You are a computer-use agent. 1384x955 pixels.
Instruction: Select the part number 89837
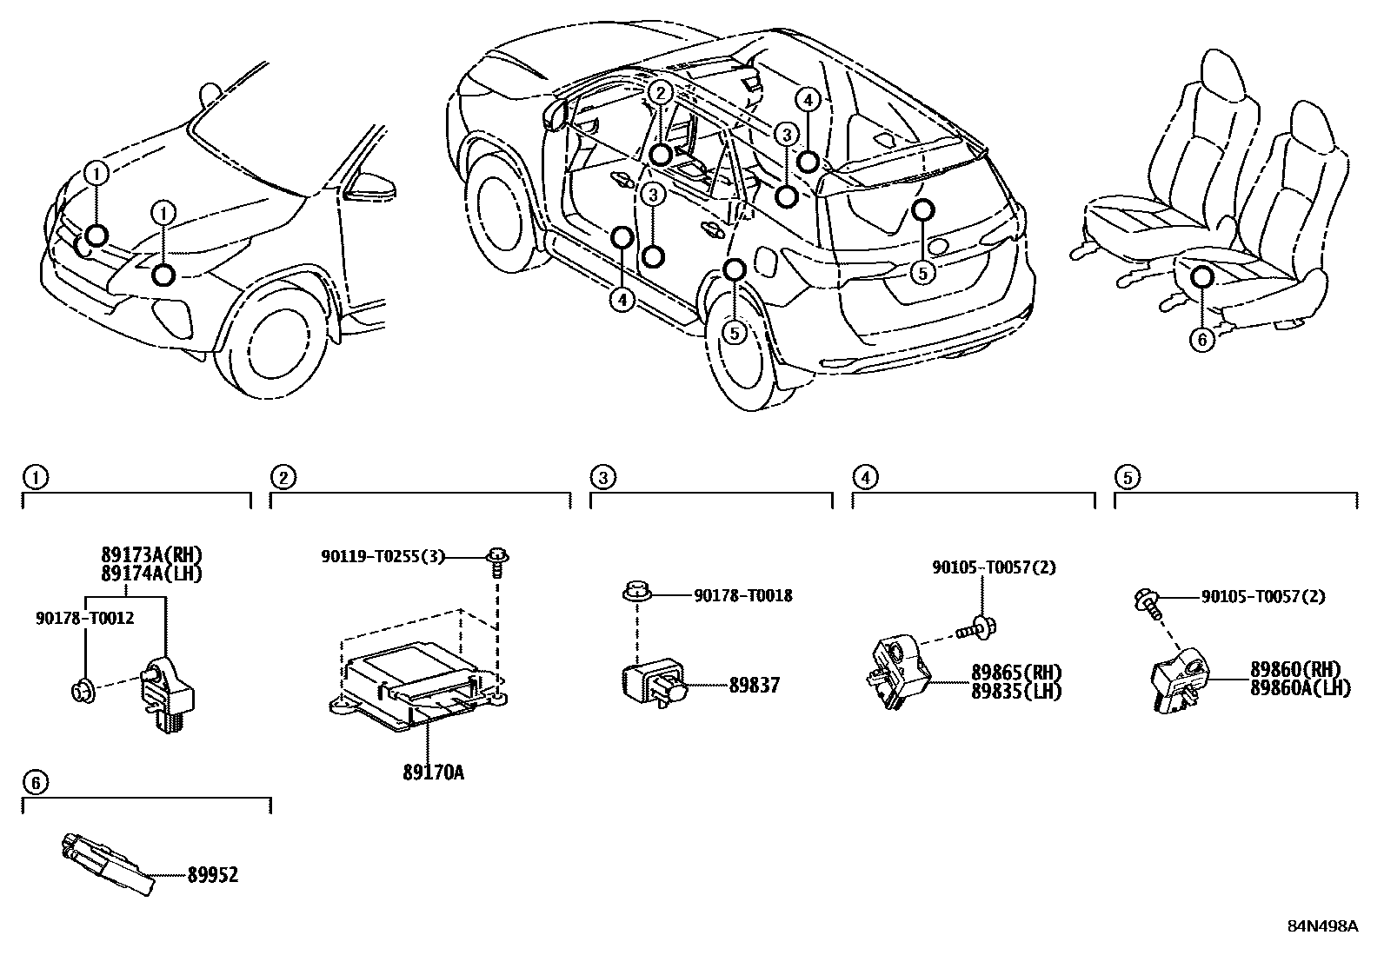coord(754,685)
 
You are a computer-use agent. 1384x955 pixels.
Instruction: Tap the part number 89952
coord(212,875)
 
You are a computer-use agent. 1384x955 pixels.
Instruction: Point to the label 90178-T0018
coord(742,596)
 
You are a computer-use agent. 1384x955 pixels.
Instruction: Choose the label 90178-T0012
coord(84,618)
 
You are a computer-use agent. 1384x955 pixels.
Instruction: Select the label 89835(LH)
coord(1016,691)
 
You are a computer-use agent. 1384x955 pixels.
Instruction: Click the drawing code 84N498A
coord(1322,925)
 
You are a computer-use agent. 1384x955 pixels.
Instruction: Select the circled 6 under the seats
coord(1202,339)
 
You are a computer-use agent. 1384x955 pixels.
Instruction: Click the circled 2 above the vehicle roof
coord(660,93)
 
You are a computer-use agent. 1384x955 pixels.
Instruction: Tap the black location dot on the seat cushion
coord(1202,276)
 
